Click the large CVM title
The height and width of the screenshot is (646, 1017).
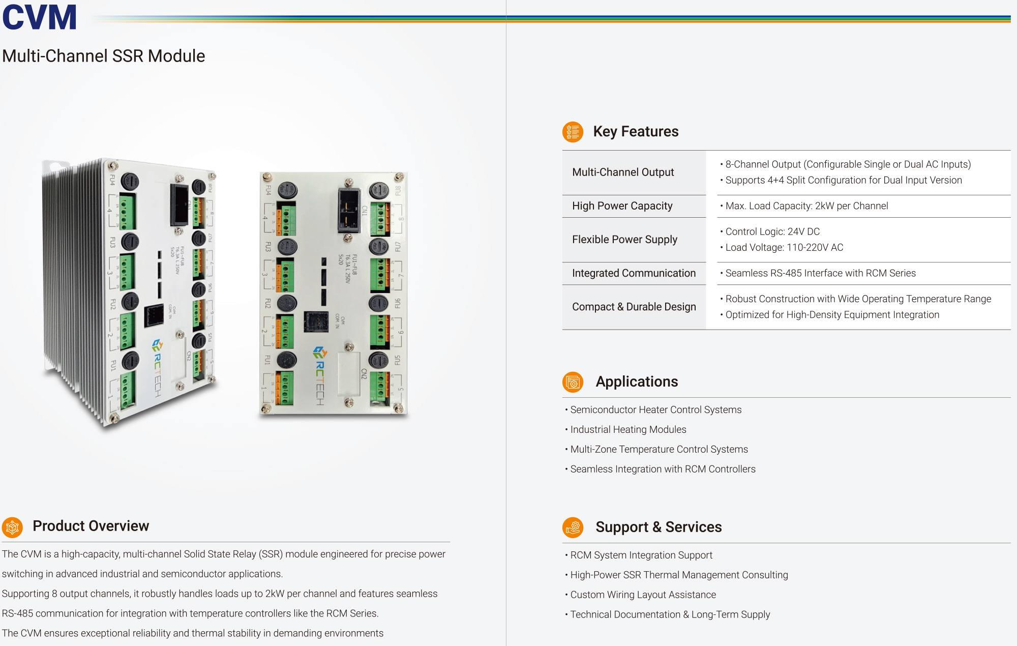[40, 17]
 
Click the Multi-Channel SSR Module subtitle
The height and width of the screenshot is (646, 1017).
[104, 56]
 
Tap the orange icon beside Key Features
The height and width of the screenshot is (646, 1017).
[573, 132]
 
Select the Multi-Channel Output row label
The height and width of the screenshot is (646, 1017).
[623, 172]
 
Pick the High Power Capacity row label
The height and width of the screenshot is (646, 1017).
[622, 206]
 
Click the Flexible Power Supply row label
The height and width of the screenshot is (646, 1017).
[624, 240]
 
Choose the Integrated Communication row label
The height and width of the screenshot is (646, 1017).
[634, 273]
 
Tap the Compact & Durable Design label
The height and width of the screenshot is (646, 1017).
[634, 307]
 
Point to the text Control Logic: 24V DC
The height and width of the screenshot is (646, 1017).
[772, 232]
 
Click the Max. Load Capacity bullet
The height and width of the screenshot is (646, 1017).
[806, 206]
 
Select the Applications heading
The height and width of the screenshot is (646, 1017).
[637, 381]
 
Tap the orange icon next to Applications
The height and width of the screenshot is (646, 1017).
[573, 382]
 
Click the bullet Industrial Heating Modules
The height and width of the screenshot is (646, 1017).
[628, 430]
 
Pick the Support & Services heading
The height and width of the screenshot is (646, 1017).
[659, 527]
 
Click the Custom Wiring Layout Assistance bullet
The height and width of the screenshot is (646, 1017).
[643, 595]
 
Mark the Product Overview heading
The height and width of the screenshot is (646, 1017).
[91, 526]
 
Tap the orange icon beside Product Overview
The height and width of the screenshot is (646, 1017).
[13, 527]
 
